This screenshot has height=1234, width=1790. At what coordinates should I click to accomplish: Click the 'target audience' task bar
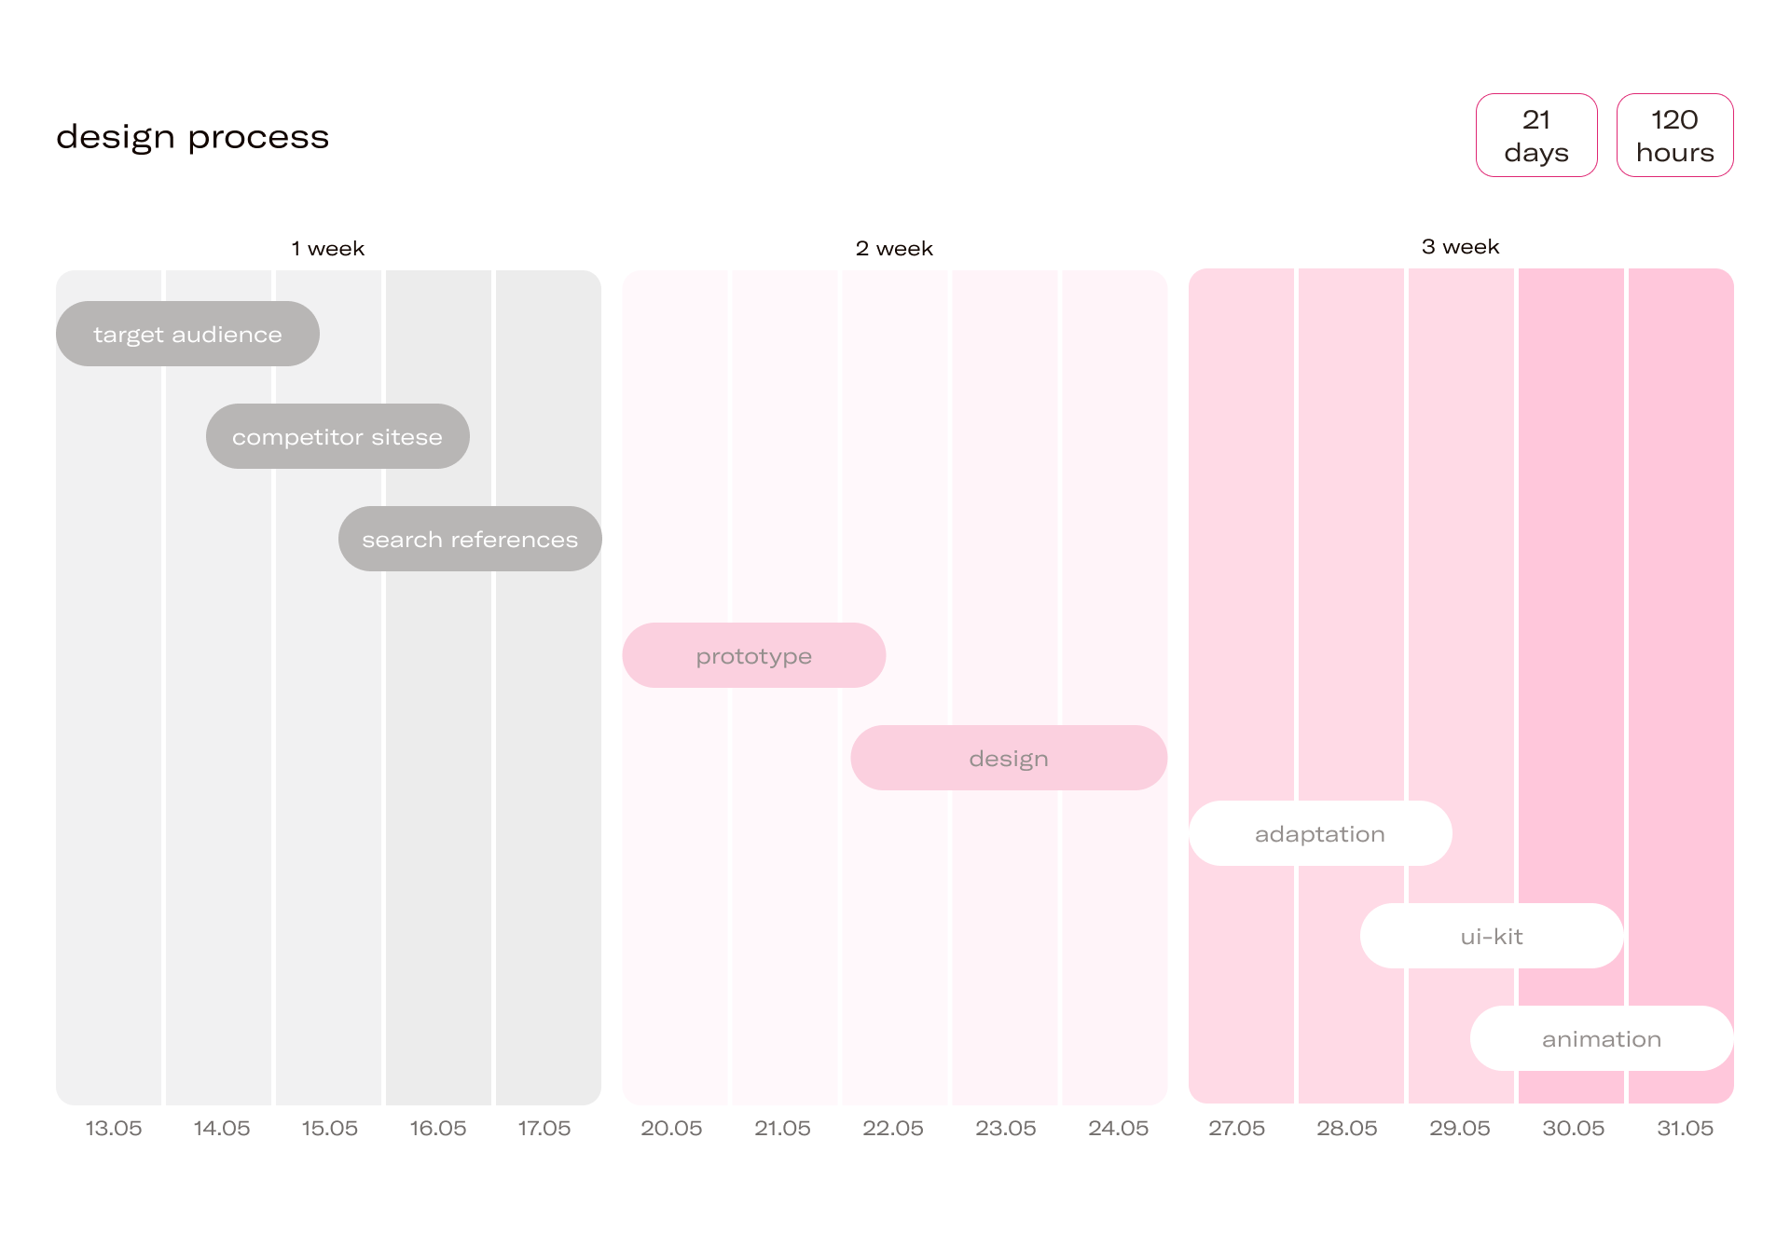[187, 334]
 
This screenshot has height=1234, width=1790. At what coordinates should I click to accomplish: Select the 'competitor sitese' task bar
[337, 436]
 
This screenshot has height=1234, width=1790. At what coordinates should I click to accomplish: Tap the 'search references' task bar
[470, 539]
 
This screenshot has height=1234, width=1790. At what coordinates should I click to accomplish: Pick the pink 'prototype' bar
[753, 655]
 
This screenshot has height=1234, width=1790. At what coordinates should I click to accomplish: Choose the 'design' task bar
[1009, 758]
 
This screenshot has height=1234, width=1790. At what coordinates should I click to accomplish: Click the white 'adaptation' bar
[1320, 833]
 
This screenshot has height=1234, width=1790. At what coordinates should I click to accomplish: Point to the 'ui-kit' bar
[1492, 936]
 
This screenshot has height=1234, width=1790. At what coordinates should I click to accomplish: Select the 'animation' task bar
[1602, 1038]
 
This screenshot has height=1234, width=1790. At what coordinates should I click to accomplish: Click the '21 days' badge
[1536, 135]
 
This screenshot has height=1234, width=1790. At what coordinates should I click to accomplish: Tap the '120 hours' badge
[1675, 135]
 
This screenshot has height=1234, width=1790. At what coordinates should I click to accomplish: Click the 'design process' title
[192, 137]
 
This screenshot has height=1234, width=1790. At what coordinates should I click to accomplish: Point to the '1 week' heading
[328, 249]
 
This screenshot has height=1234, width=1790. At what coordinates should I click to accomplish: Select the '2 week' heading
[894, 249]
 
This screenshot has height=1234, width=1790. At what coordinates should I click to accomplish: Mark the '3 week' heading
[1461, 247]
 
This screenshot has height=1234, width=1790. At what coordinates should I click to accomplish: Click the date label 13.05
[114, 1129]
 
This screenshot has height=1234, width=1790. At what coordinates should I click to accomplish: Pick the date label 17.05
[544, 1129]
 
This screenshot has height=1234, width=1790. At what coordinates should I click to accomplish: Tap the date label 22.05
[893, 1129]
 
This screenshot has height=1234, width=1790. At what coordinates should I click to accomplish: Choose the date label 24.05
[1119, 1129]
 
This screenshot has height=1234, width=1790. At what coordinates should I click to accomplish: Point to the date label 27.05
[1237, 1129]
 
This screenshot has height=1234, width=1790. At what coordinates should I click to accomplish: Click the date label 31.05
[1686, 1129]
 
